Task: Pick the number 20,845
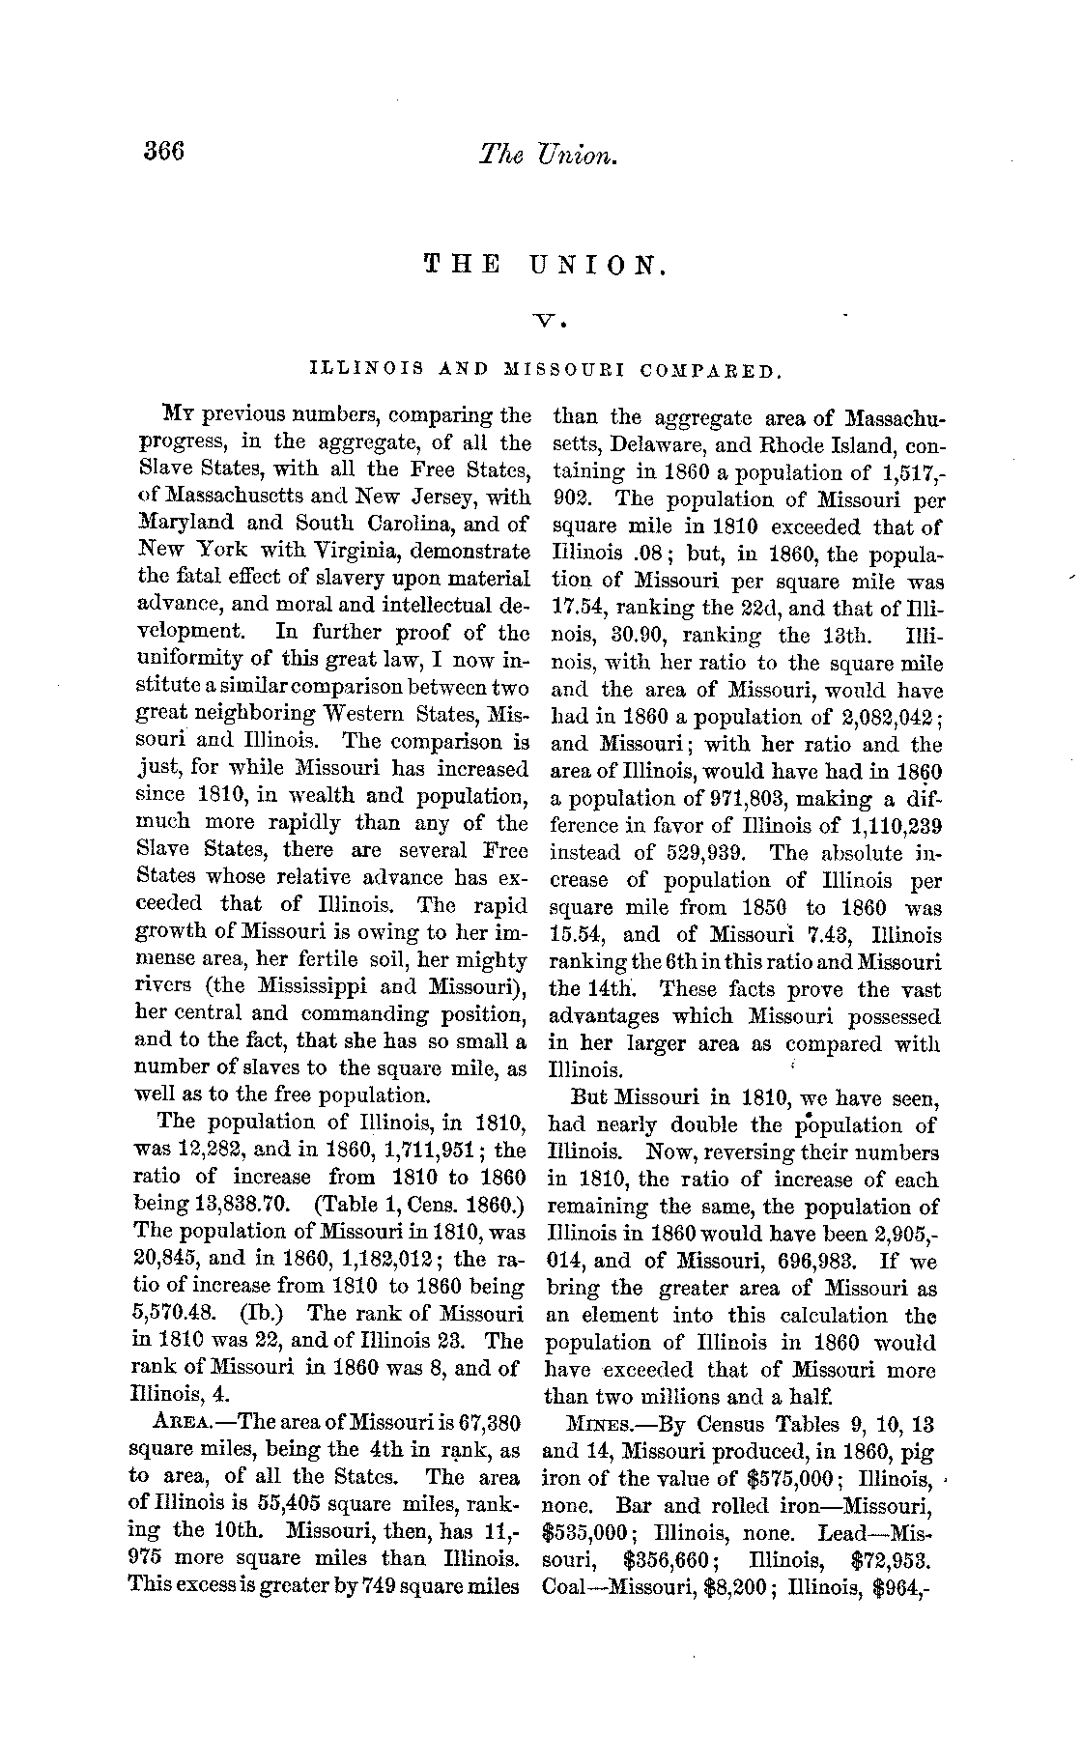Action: (x=163, y=1260)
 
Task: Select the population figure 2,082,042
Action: (x=877, y=717)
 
